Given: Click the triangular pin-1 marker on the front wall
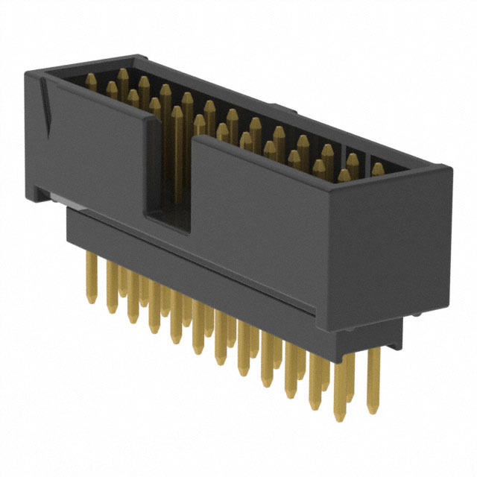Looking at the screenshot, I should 46,104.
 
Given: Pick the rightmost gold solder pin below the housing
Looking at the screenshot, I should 374,373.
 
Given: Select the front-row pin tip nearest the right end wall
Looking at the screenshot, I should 344,176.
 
